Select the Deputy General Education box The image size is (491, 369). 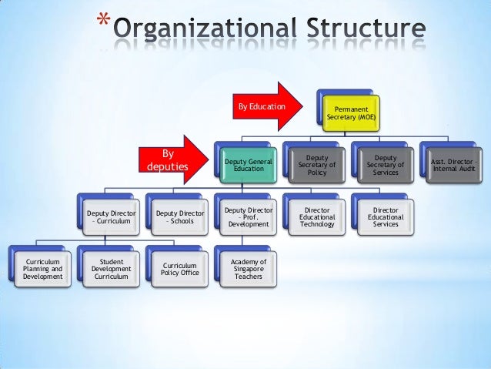pyautogui.click(x=243, y=163)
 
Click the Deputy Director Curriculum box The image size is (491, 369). pyautogui.click(x=111, y=216)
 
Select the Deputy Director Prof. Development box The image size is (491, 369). pyautogui.click(x=248, y=216)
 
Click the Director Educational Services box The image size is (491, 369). pyautogui.click(x=386, y=216)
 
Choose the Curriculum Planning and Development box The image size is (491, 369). pyautogui.click(x=42, y=268)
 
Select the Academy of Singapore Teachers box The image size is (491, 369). pyautogui.click(x=248, y=268)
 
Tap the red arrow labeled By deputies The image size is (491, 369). pyautogui.click(x=171, y=159)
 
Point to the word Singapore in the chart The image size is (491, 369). pyautogui.click(x=248, y=269)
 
